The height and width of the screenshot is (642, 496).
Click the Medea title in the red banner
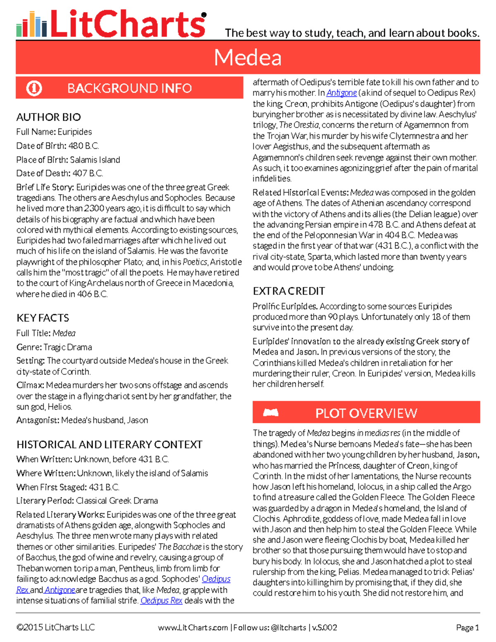(248, 57)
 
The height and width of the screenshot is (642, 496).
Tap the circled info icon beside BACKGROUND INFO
(34, 88)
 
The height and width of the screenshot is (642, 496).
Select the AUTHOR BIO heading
(48, 117)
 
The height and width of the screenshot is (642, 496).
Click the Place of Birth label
(41, 160)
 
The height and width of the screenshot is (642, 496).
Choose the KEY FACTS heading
(43, 318)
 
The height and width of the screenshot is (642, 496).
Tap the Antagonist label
(38, 420)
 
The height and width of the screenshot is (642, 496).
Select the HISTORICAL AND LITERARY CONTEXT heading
(109, 444)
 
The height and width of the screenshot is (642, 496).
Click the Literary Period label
(45, 501)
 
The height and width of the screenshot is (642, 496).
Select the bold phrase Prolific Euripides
(285, 306)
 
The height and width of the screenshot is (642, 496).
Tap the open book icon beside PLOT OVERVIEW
(271, 413)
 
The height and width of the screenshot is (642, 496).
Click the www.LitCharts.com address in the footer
(193, 628)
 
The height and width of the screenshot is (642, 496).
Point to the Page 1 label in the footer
(467, 628)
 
